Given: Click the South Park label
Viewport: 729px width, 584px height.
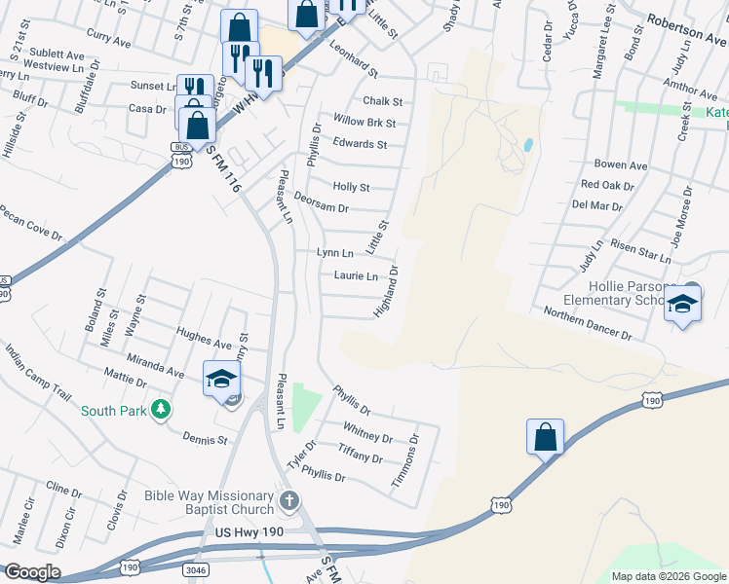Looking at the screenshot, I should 113,411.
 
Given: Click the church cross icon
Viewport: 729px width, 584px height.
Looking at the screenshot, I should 288,501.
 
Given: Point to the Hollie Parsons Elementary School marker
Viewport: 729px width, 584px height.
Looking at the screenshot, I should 682,307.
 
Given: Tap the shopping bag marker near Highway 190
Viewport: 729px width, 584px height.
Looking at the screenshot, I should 546,437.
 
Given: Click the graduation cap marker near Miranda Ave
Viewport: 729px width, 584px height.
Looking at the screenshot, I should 221,379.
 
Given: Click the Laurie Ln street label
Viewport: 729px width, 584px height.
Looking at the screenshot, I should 356,276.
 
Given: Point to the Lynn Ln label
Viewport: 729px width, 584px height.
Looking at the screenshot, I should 334,253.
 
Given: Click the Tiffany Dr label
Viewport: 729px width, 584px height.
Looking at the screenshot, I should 361,454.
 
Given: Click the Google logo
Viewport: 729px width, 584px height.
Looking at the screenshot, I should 32,572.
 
